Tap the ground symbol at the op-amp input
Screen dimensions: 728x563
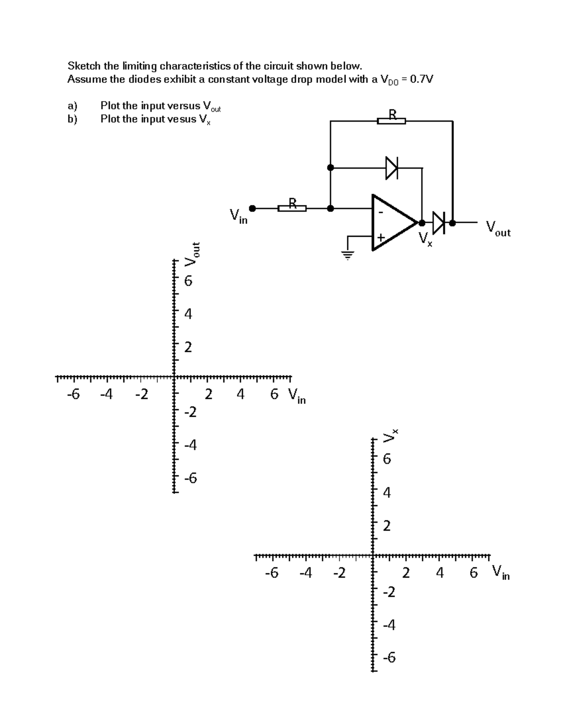point(348,255)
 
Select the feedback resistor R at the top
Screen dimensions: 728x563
point(392,120)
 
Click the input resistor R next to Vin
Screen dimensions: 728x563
point(292,208)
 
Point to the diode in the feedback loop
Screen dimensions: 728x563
point(391,167)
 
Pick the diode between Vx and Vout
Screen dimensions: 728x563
point(438,222)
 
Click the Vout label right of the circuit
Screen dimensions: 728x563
point(498,228)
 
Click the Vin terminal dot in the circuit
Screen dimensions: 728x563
point(252,208)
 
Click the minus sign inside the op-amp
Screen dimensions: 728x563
point(380,212)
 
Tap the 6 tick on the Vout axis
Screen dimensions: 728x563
point(188,281)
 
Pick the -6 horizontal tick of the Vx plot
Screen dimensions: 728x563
point(272,572)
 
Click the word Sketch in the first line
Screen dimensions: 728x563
point(84,65)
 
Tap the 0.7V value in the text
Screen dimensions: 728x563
point(421,79)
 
